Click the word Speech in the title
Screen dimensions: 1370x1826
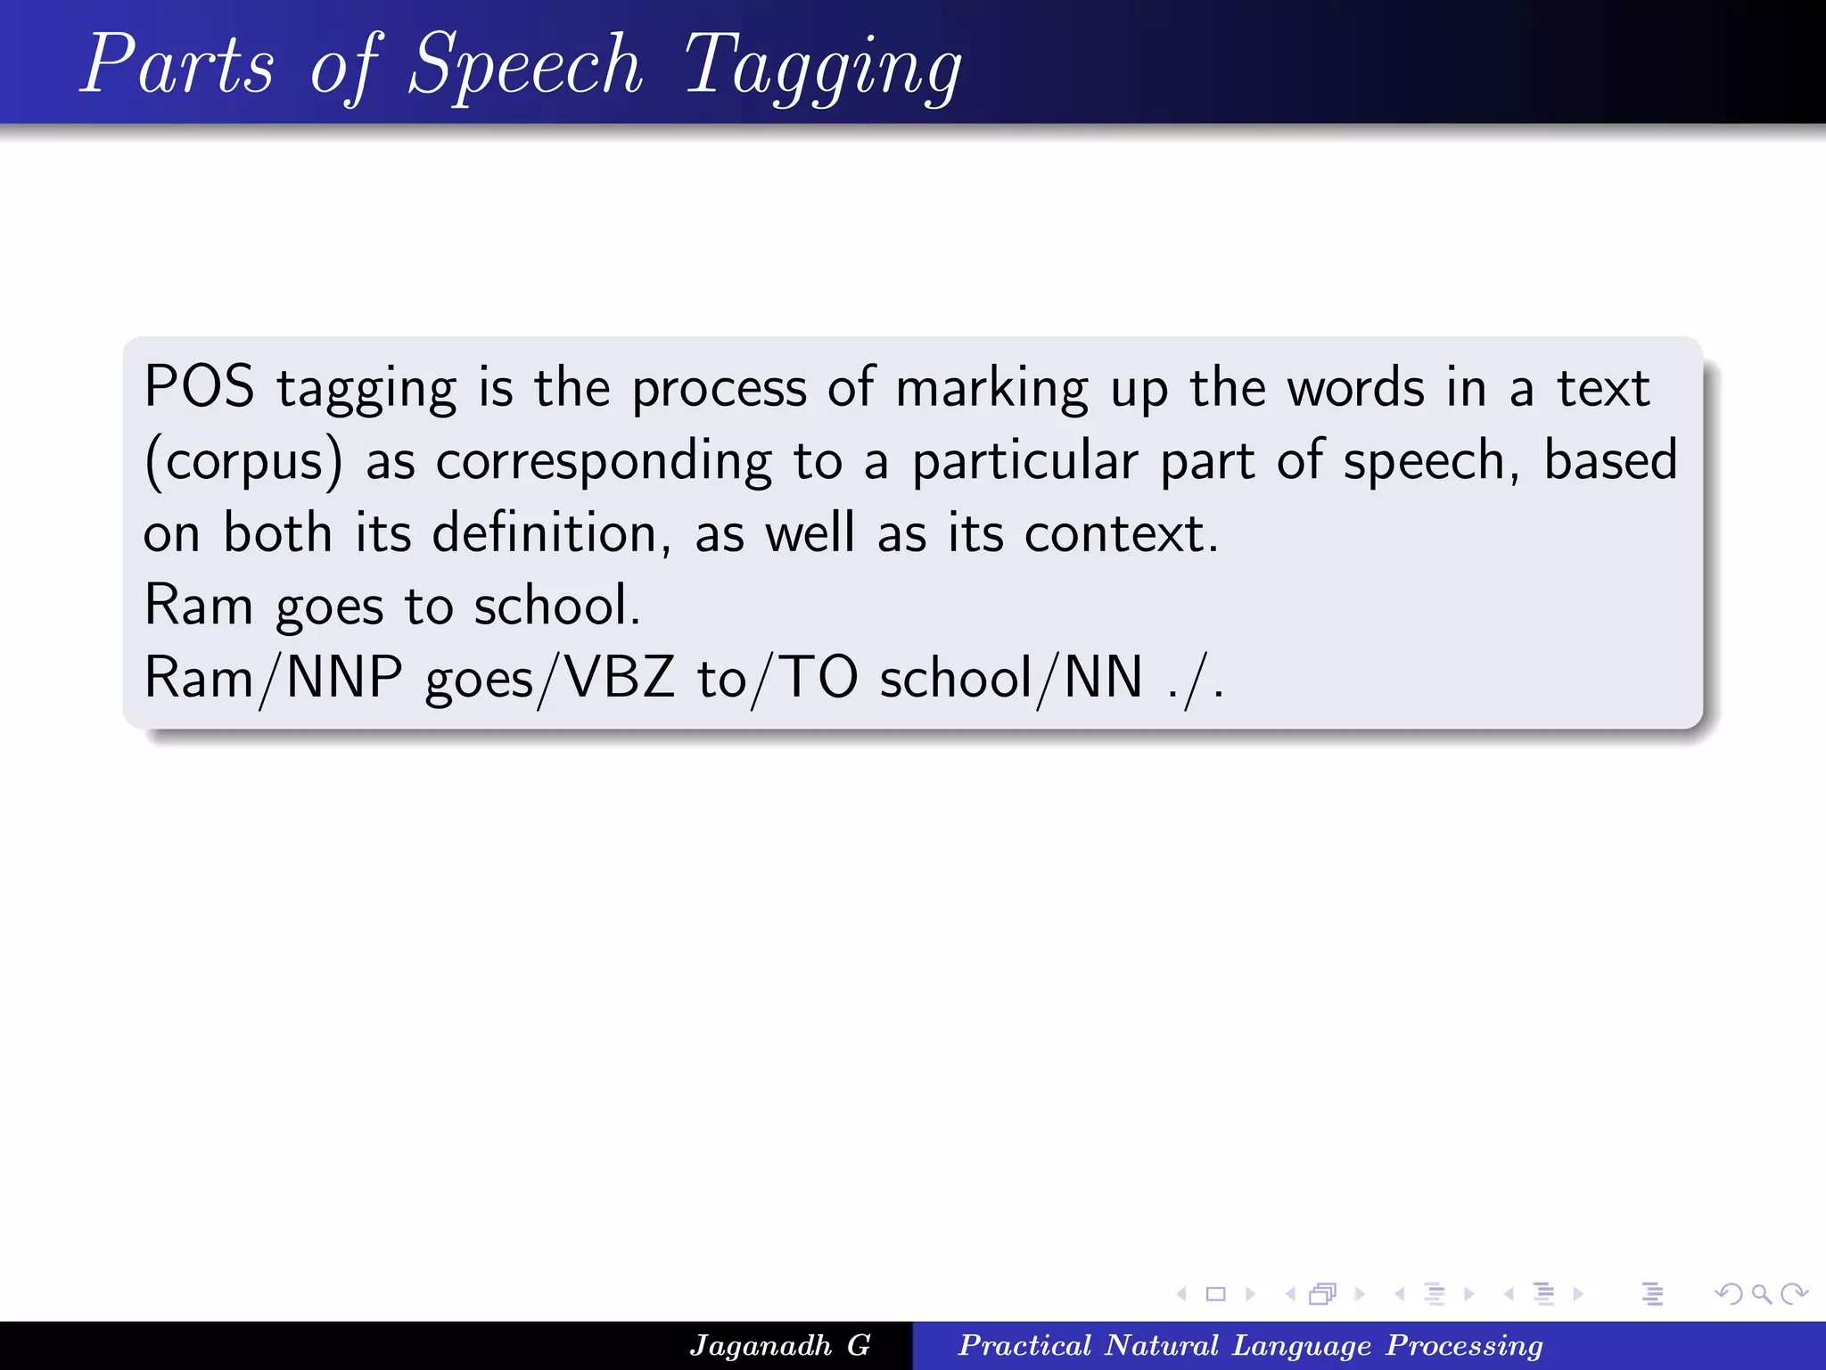click(524, 64)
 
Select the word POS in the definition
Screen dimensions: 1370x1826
click(199, 388)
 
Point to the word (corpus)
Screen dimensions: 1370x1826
click(243, 462)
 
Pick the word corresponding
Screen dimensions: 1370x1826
click(604, 462)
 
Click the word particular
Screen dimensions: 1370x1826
click(1024, 462)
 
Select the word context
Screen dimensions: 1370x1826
click(1121, 533)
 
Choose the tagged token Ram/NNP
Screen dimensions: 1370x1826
click(273, 678)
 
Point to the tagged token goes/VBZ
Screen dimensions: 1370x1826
click(549, 678)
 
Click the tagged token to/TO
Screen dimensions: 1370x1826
click(777, 678)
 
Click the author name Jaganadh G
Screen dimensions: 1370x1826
click(780, 1345)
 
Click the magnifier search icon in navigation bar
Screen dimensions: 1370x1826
click(1761, 1293)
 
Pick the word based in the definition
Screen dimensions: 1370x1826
click(1610, 460)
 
